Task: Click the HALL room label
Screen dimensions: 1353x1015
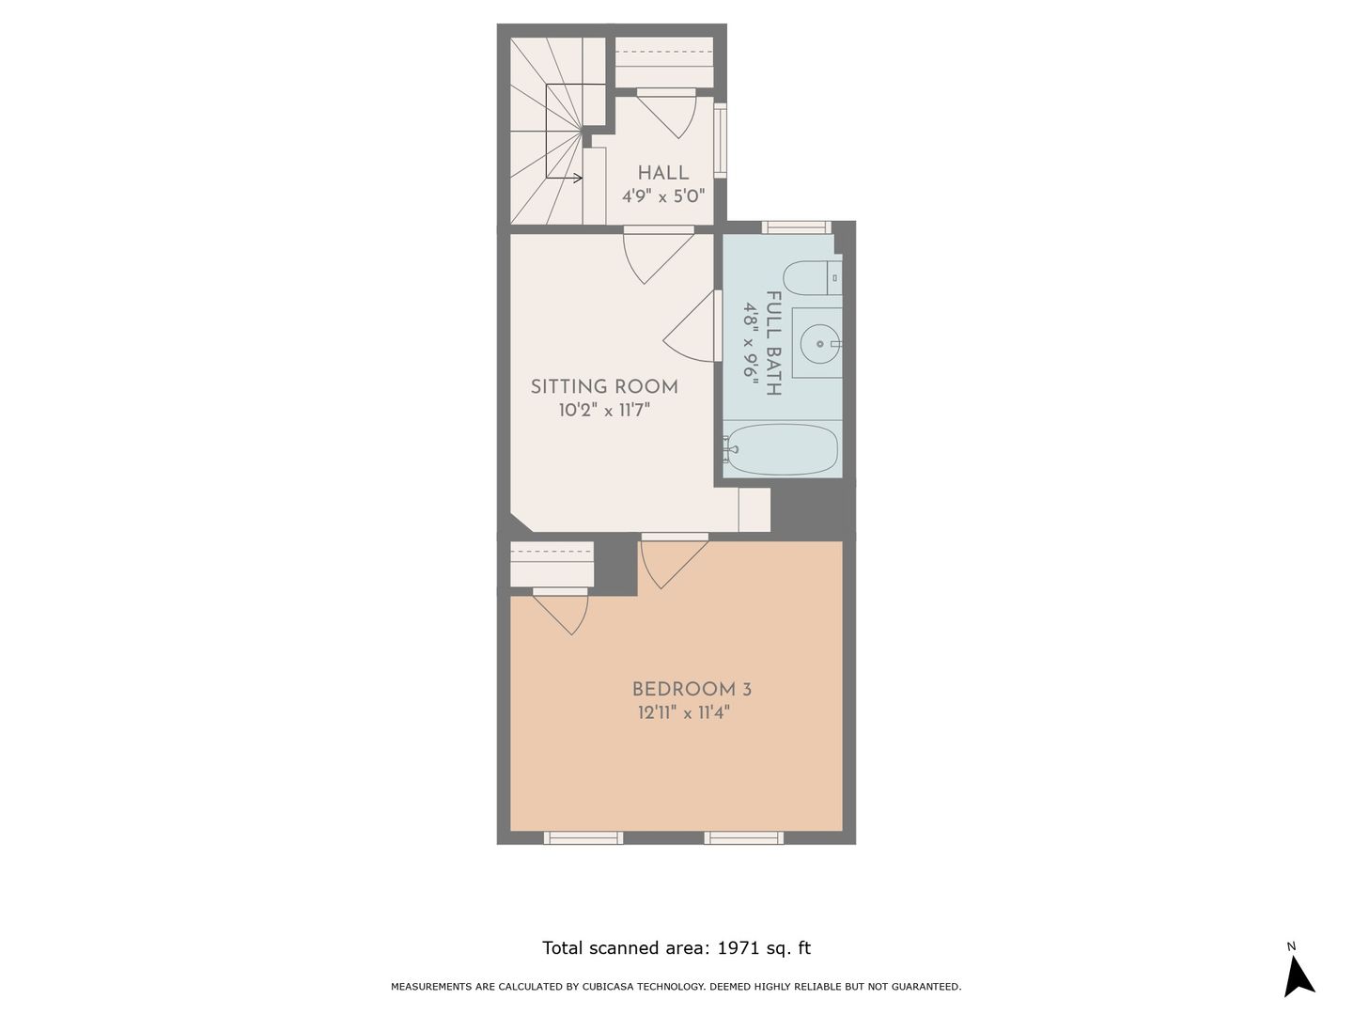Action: (662, 173)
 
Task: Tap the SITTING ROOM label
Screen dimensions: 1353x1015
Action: (604, 386)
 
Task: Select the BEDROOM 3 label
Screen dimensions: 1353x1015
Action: (692, 689)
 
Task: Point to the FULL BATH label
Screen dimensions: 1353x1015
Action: (773, 343)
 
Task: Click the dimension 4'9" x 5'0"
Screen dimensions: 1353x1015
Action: (662, 196)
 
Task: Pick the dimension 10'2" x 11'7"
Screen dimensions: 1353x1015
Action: (605, 410)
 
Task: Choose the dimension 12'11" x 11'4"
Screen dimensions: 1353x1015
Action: (684, 713)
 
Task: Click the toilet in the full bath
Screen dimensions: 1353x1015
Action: (813, 278)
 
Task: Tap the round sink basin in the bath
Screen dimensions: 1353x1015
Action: (820, 344)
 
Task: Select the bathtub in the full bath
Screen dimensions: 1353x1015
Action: (781, 448)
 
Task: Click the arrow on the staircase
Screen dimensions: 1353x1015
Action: (564, 179)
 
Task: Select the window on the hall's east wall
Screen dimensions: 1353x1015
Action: (720, 141)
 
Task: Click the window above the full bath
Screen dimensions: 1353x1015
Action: (797, 227)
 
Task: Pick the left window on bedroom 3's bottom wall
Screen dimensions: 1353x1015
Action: (583, 838)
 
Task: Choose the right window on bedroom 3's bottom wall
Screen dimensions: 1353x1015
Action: (744, 838)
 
